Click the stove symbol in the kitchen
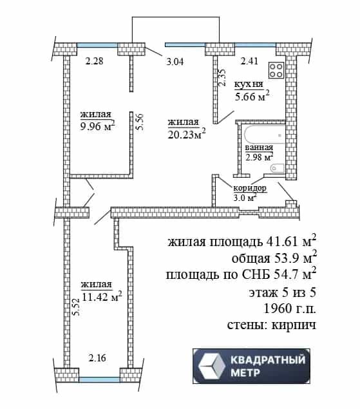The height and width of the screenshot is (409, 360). pos(276,70)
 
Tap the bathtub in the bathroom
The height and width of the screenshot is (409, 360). pos(264,135)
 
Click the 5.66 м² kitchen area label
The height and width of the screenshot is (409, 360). pos(252,96)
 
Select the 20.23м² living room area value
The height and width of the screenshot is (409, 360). pos(187,135)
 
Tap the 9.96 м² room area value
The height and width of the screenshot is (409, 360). pos(97,126)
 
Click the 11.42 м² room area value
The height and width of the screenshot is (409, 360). pos(102,296)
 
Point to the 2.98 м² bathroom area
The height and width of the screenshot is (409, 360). pos(259,157)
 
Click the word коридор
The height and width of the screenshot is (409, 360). pos(250,188)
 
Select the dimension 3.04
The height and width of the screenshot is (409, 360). pos(175,62)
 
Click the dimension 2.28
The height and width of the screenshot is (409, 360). pos(95,61)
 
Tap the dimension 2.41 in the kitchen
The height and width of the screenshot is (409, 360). pos(249,61)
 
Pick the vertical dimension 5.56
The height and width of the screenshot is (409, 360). pos(140,122)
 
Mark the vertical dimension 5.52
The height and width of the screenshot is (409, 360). pos(75,307)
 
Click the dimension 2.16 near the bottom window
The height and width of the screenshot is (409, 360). pos(97,358)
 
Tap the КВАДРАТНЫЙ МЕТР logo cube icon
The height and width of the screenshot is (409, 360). pos(212,366)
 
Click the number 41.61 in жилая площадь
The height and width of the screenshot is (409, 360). pos(282,242)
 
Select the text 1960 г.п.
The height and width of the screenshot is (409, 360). pos(290,309)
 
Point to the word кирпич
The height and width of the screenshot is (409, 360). pos(294,325)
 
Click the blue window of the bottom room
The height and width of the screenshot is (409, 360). pos(99,379)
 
